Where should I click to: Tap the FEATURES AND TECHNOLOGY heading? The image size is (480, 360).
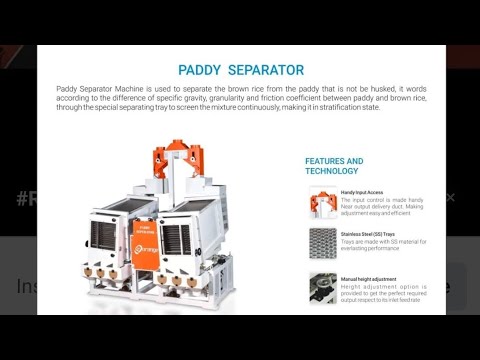tap(334, 166)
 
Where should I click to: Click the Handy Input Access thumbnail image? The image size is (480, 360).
tap(322, 204)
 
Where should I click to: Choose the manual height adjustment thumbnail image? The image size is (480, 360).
tap(322, 288)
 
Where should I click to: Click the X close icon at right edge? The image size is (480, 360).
tap(450, 197)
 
